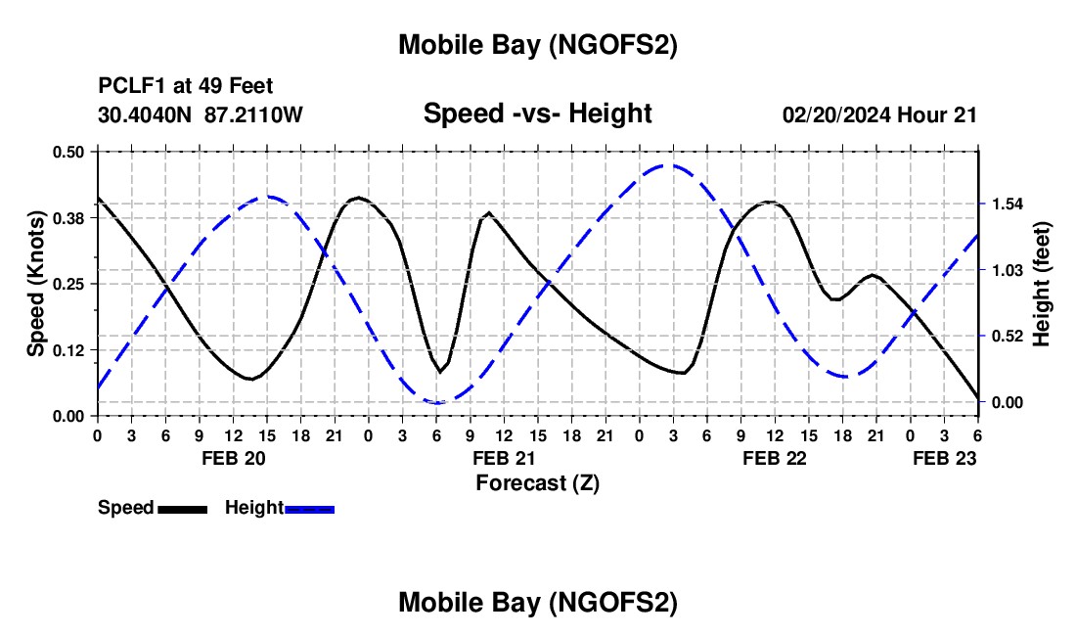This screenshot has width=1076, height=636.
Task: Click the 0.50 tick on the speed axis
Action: point(69,152)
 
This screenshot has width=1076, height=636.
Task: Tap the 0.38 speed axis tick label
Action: point(69,217)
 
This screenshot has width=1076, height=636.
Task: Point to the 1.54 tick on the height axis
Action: point(1007,204)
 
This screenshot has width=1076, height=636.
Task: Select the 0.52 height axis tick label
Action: point(1007,336)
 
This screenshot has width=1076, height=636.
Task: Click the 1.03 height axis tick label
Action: point(1007,270)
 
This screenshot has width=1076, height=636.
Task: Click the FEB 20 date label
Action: point(233,458)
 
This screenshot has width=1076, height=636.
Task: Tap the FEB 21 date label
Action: point(504,458)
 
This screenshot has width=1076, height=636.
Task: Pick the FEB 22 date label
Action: point(775,458)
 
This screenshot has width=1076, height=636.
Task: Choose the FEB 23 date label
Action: point(944,458)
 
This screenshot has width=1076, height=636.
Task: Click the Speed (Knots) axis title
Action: point(36,284)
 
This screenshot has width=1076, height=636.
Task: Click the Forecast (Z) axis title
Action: point(537,482)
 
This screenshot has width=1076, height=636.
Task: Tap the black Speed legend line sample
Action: point(182,509)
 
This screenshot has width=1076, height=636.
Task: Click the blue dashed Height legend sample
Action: point(309,509)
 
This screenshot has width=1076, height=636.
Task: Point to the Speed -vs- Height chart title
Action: point(537,114)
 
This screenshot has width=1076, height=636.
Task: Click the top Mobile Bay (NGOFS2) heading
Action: point(537,45)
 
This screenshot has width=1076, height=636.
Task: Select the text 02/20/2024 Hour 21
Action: point(879,115)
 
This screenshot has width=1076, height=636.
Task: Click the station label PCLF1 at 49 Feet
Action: point(186,86)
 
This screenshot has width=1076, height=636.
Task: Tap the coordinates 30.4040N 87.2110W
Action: point(201,115)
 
